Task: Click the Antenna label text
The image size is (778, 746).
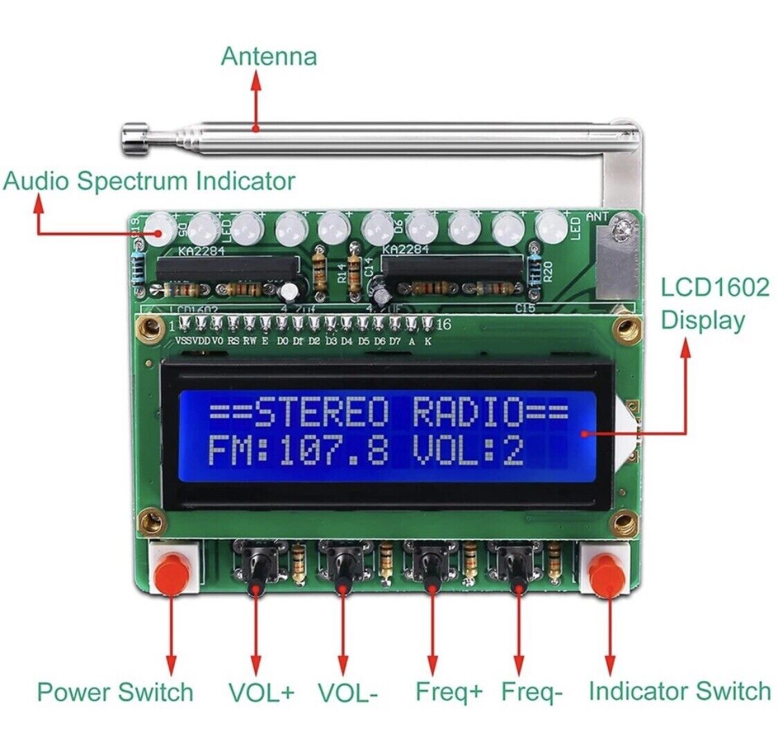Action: (268, 56)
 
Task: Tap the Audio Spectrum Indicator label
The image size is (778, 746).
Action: (149, 181)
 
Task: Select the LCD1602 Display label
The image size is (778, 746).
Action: (714, 304)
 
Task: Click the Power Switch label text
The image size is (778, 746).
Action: (115, 691)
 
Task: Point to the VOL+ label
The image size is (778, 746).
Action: (261, 692)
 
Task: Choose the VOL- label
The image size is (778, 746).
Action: (348, 692)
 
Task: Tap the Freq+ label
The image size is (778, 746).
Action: (449, 691)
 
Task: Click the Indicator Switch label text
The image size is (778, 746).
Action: (679, 691)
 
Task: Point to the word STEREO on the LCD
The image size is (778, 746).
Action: (323, 414)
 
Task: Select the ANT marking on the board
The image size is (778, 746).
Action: (598, 217)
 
